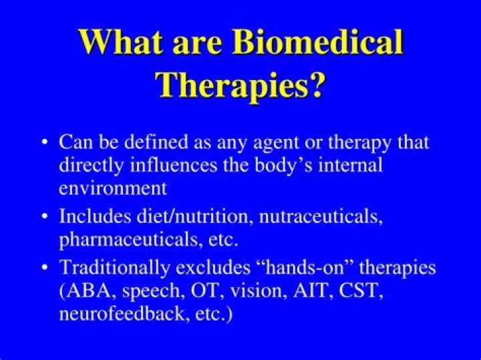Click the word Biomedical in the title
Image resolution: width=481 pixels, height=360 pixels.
coord(319,43)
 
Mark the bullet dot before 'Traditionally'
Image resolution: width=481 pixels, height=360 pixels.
coord(44,268)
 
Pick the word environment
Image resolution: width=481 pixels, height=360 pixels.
coord(112,188)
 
